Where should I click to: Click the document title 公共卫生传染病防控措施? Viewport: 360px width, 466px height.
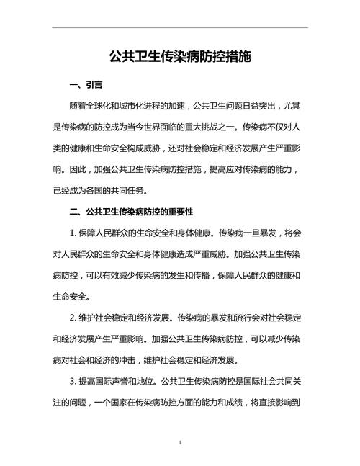pos(180,55)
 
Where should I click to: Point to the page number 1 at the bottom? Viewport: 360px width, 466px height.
pos(180,441)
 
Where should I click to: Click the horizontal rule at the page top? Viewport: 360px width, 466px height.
pos(180,28)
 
